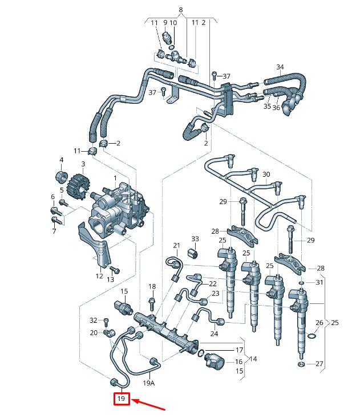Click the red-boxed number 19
pyautogui.click(x=121, y=399)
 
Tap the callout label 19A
pyautogui.click(x=148, y=383)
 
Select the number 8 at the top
pyautogui.click(x=181, y=10)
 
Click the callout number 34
pyautogui.click(x=280, y=67)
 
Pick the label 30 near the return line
pyautogui.click(x=266, y=174)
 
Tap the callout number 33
pyautogui.click(x=195, y=239)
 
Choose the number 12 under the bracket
pyautogui.click(x=99, y=276)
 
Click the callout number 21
pyautogui.click(x=176, y=246)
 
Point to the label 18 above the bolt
pyautogui.click(x=152, y=286)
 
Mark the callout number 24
pyautogui.click(x=214, y=334)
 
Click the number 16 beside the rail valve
pyautogui.click(x=238, y=362)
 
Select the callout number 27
pyautogui.click(x=319, y=363)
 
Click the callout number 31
pyautogui.click(x=319, y=282)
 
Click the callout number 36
pyautogui.click(x=276, y=108)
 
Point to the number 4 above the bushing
pyautogui.click(x=61, y=160)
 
